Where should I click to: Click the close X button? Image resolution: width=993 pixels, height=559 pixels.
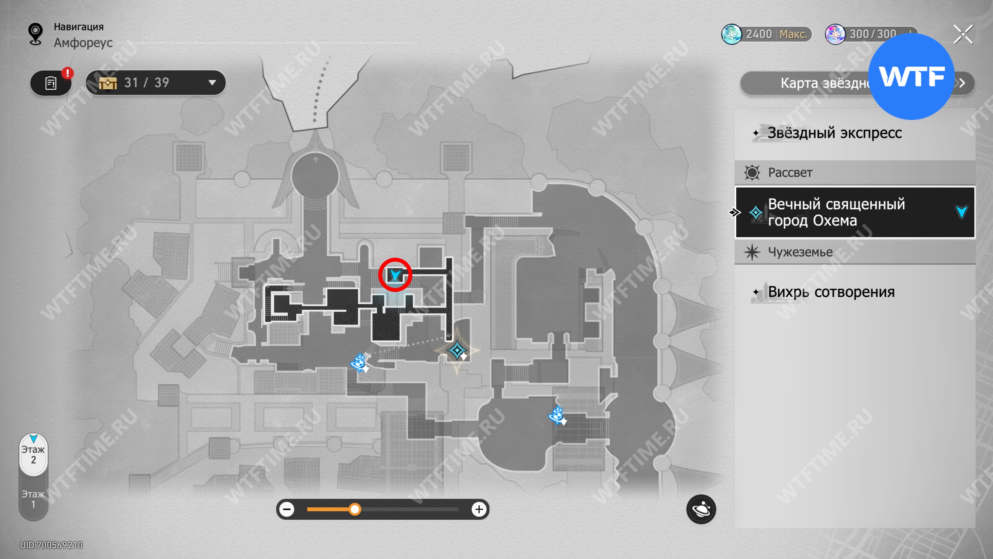click(963, 35)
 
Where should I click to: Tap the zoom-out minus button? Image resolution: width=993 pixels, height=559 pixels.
click(287, 509)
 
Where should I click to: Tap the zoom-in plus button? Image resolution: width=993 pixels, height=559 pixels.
click(479, 509)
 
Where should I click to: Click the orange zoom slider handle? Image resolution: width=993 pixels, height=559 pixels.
click(355, 509)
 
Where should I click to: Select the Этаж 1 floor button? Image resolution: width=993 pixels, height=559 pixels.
click(33, 499)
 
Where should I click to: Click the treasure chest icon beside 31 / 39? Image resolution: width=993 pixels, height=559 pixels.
click(108, 83)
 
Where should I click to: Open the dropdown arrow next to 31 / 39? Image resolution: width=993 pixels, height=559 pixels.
click(212, 83)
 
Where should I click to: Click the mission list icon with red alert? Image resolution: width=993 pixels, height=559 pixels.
click(51, 83)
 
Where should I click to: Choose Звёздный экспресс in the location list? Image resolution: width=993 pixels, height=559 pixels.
click(834, 133)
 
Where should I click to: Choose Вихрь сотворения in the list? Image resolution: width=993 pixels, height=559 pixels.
click(831, 292)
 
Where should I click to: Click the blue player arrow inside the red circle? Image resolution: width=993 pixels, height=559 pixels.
click(395, 275)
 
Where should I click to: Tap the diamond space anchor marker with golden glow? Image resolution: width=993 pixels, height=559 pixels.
click(457, 351)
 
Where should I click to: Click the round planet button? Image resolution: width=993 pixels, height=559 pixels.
click(701, 509)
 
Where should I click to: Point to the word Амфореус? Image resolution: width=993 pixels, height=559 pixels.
click(83, 43)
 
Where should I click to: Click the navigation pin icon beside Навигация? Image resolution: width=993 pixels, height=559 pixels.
click(36, 34)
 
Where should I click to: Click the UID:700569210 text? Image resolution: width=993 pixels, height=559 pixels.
click(52, 545)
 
